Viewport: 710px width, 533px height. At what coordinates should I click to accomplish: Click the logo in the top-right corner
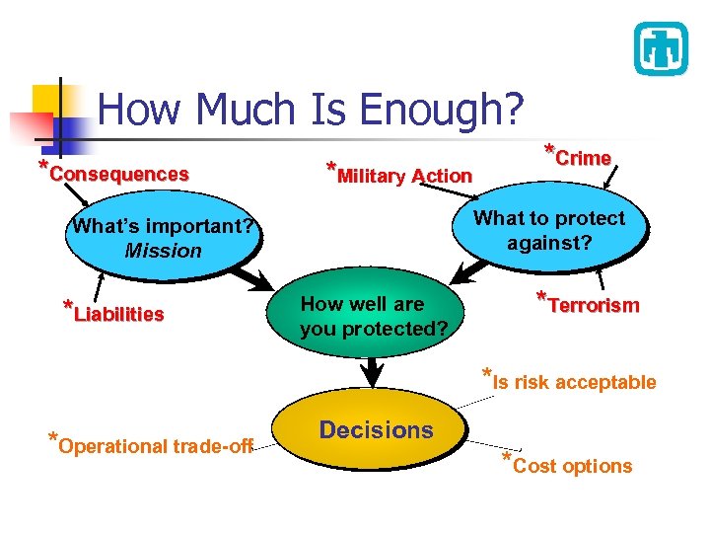pyautogui.click(x=660, y=48)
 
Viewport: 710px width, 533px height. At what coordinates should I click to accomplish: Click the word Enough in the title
pyautogui.click(x=443, y=110)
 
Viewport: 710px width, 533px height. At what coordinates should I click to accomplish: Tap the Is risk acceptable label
pyautogui.click(x=573, y=382)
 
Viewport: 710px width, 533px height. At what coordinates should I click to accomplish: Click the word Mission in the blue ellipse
pyautogui.click(x=163, y=251)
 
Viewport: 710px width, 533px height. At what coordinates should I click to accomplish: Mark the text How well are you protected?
pyautogui.click(x=374, y=317)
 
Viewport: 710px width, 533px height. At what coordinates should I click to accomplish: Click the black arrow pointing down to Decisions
pyautogui.click(x=373, y=373)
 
